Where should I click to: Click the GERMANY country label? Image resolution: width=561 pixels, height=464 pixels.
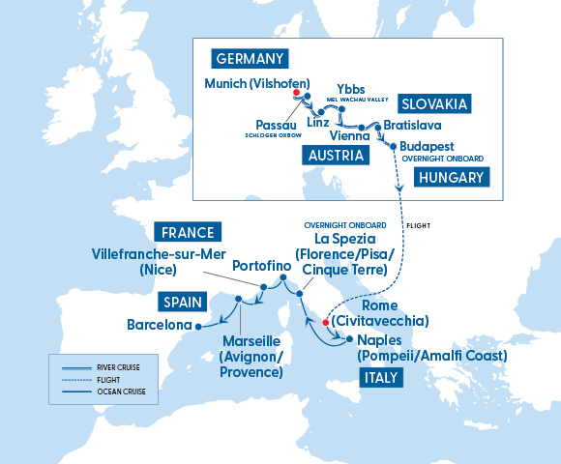click(250, 57)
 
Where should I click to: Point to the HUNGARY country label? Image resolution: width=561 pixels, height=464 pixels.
click(451, 177)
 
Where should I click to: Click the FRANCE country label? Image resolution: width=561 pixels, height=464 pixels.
click(189, 232)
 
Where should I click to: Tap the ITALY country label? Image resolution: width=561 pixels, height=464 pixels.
click(373, 378)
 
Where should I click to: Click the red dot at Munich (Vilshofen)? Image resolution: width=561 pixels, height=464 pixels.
click(297, 94)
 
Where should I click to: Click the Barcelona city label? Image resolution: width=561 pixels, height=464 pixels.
click(160, 325)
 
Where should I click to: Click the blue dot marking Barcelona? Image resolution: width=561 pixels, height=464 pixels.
click(198, 326)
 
